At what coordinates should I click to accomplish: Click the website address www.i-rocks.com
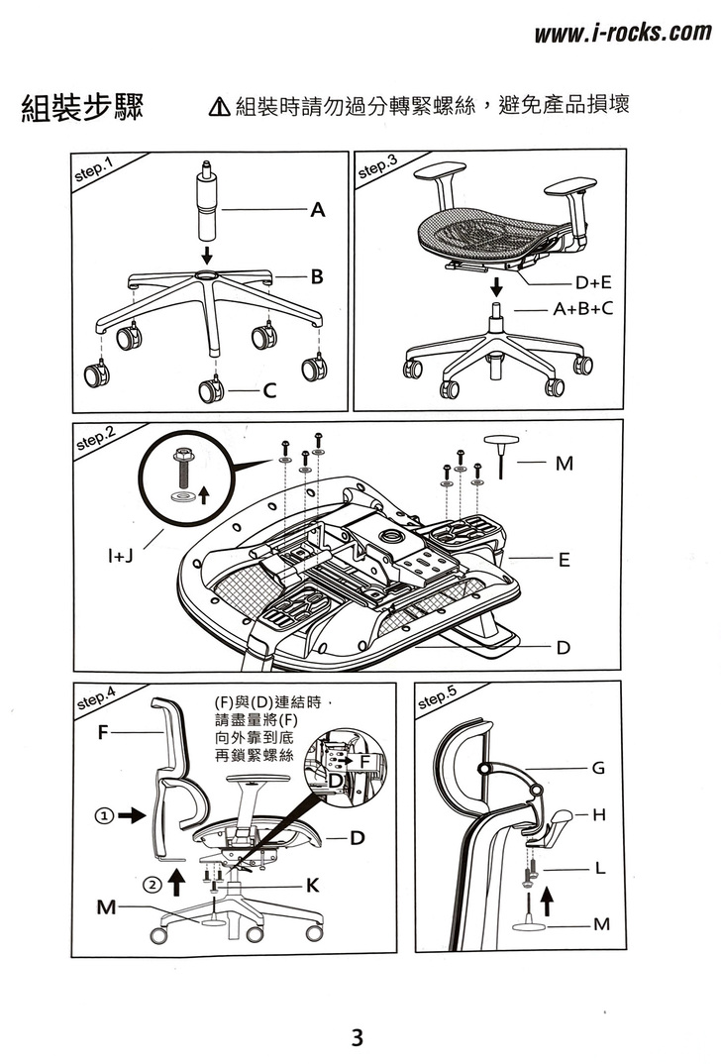[x=622, y=34]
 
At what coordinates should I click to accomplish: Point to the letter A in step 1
[x=317, y=210]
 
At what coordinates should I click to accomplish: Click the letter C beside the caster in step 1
[x=269, y=393]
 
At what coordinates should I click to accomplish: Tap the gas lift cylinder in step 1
[x=207, y=203]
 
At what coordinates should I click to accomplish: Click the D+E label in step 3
[x=594, y=283]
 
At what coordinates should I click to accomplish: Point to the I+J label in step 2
[x=122, y=557]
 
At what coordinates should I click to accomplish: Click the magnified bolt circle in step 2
[x=188, y=479]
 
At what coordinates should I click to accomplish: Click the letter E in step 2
[x=564, y=560]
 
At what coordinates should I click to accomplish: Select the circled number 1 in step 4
[x=102, y=816]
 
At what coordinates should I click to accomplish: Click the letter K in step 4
[x=311, y=887]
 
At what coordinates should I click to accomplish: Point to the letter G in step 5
[x=597, y=768]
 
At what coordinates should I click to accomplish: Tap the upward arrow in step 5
[x=545, y=897]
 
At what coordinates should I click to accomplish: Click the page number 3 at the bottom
[x=358, y=1038]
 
